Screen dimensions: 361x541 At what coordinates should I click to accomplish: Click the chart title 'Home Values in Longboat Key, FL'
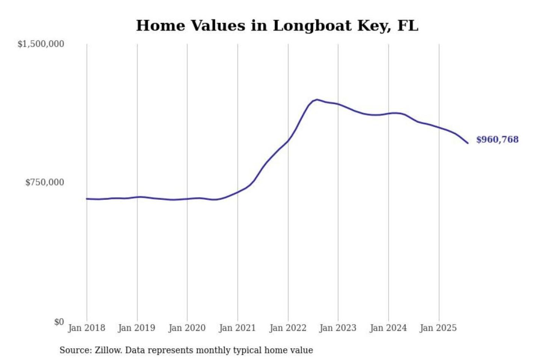click(277, 26)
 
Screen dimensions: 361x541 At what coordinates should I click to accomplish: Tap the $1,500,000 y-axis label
click(41, 44)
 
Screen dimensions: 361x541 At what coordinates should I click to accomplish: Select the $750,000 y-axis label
click(45, 182)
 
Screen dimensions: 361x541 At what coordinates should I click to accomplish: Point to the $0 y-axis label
click(59, 322)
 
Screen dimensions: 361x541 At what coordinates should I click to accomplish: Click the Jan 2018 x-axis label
click(86, 328)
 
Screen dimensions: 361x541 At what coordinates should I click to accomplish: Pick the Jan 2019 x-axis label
click(136, 328)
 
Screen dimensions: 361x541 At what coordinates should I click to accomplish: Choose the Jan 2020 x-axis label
click(187, 328)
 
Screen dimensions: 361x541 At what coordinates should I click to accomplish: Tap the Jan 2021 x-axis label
click(237, 328)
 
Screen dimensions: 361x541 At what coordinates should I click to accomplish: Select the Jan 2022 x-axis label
click(288, 328)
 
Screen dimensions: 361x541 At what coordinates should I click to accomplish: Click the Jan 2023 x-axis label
click(338, 328)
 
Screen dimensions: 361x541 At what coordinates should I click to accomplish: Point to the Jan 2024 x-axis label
click(388, 328)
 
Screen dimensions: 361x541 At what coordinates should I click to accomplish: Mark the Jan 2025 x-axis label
click(438, 328)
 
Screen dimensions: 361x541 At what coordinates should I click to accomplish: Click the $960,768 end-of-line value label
click(497, 140)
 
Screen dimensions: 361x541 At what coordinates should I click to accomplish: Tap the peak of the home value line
click(317, 100)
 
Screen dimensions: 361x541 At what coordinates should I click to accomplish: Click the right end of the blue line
click(468, 143)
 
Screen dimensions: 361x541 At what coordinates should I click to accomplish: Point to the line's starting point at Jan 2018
click(87, 199)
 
